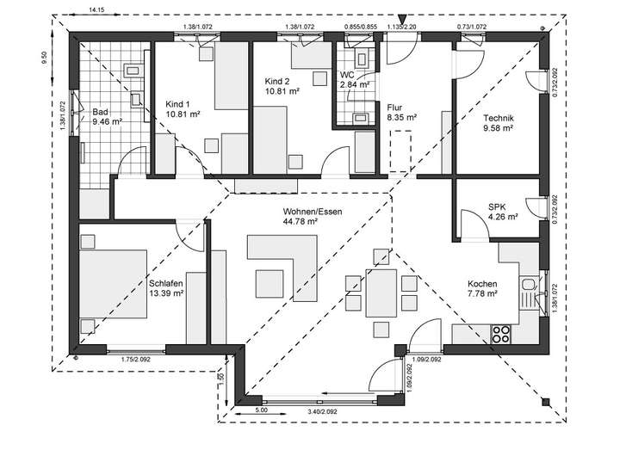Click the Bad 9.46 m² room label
(x=106, y=117)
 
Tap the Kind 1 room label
(x=183, y=108)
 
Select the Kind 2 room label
(x=282, y=85)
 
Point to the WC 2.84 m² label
(x=355, y=80)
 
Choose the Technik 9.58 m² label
(x=499, y=122)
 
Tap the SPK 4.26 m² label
(x=502, y=212)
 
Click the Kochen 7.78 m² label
(x=482, y=289)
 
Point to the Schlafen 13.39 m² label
(x=166, y=288)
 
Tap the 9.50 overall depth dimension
(x=43, y=58)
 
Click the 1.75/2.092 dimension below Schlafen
(x=137, y=359)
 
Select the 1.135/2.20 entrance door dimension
(x=401, y=27)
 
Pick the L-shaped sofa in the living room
(x=281, y=252)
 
